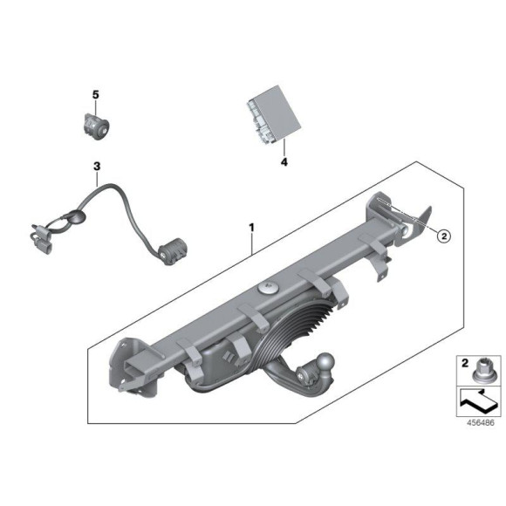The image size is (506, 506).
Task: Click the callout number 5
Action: click(97, 93)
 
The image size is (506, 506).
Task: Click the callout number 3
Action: click(97, 166)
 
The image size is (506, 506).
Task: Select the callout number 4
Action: click(284, 161)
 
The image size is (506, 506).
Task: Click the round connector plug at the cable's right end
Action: click(175, 250)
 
